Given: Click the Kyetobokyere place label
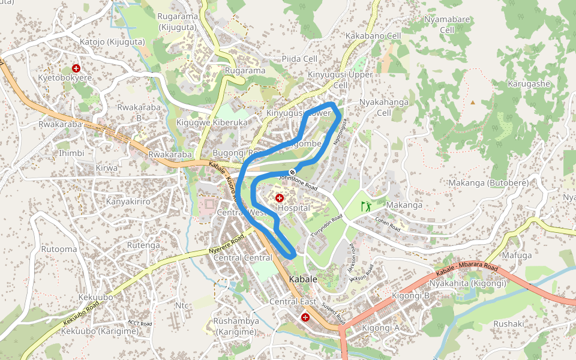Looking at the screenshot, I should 65,79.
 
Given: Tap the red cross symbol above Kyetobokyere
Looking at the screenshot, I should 76,68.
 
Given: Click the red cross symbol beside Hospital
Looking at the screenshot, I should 280,197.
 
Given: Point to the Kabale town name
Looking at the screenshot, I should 303,280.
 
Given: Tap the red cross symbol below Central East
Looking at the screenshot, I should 305,316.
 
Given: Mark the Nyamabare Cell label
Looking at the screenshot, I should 447,25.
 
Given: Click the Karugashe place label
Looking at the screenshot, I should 529,83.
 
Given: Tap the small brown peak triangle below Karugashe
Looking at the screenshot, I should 473,103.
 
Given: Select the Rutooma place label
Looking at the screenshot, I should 59,249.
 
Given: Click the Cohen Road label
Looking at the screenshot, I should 388,224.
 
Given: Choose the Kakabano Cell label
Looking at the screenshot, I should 373,36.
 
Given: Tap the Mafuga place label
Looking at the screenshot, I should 517,255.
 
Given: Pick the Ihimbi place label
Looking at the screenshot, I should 71,153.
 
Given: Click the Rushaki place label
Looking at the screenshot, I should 508,323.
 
